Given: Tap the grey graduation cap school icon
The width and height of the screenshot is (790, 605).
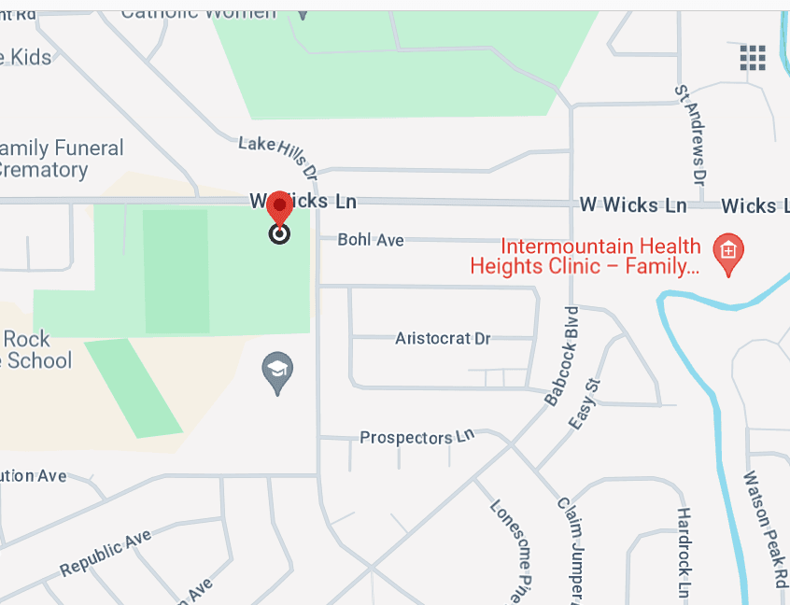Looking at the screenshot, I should coord(277,372).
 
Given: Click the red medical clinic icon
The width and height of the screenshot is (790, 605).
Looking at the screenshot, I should coord(728,252).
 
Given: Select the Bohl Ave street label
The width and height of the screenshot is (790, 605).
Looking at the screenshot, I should coord(371,240).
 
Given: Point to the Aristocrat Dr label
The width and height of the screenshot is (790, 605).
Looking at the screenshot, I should coord(443,338).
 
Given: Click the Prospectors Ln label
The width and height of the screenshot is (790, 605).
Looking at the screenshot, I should coord(417,437).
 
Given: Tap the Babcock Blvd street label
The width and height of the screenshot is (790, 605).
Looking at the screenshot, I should coord(559,355).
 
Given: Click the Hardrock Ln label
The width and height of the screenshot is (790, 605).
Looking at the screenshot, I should coord(684,553).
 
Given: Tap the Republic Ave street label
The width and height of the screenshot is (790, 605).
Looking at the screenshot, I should coord(106,554).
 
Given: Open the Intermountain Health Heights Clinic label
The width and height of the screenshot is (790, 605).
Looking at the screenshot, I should coord(585,257).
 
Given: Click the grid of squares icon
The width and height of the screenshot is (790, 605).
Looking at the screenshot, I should coord(753,57).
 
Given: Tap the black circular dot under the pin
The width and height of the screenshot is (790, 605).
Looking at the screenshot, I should coord(279,234).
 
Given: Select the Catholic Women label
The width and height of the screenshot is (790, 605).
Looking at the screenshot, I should coord(199,12).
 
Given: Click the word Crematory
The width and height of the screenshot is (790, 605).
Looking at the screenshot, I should coord(44,170).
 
